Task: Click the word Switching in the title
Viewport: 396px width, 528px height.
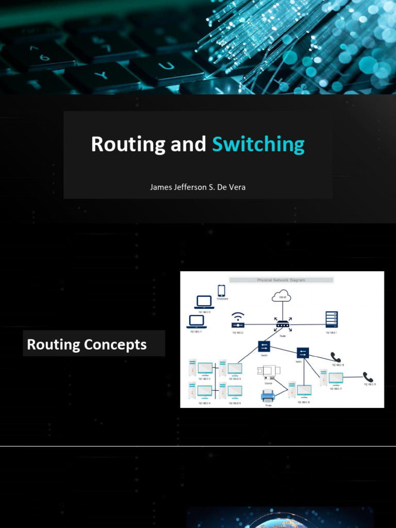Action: tap(258, 144)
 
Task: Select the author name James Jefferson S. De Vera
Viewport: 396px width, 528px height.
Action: tap(197, 187)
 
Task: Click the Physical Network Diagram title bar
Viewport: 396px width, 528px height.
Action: tap(281, 280)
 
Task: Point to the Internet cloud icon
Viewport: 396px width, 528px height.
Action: tap(282, 296)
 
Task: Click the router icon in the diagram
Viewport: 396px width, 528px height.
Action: tap(282, 325)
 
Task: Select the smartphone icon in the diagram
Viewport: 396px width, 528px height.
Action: tap(222, 291)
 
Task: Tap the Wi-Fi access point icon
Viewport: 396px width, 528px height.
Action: tap(238, 321)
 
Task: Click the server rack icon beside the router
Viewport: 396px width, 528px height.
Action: tap(331, 320)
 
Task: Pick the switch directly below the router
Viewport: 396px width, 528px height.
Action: tap(264, 346)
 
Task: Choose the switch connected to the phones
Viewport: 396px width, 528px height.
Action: tap(302, 353)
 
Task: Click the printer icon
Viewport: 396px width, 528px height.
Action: tap(268, 396)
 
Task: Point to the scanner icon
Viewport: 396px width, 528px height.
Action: tap(267, 371)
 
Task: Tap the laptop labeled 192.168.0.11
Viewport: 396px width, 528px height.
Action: tap(196, 321)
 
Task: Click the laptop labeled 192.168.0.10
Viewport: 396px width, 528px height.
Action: tap(204, 302)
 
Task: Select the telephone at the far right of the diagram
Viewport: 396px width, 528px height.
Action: tap(368, 377)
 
